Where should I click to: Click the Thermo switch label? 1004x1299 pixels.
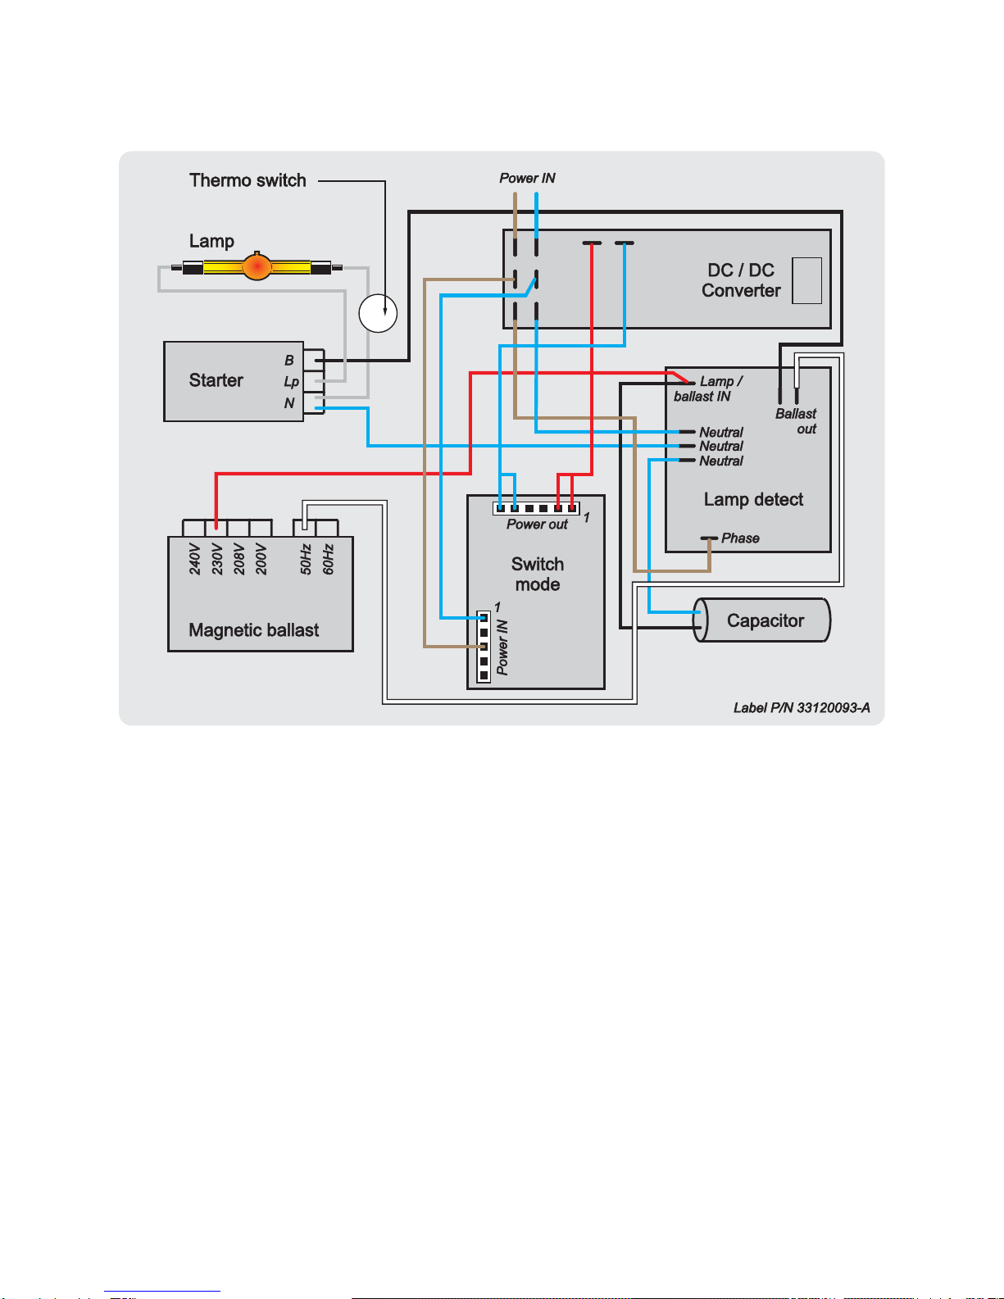(248, 180)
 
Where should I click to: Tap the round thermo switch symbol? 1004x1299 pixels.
(378, 313)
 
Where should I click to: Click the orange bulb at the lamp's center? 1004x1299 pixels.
(257, 267)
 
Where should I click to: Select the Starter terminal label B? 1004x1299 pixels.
(289, 361)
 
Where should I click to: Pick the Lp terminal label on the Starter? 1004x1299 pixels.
(291, 382)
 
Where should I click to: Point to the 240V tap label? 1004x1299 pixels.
(195, 559)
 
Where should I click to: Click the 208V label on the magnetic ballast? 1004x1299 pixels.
(239, 559)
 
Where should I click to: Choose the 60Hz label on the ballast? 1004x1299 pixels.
(328, 559)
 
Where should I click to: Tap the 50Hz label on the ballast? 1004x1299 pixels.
(306, 559)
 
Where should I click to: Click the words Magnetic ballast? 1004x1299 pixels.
(253, 630)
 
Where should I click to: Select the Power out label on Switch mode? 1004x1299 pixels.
(537, 525)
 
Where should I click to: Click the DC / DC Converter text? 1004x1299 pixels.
(741, 280)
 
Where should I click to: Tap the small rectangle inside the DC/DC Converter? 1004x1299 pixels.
(806, 281)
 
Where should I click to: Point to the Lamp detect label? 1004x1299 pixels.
(753, 499)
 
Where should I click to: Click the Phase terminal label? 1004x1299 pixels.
(740, 538)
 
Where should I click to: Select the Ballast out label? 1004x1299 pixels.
(796, 421)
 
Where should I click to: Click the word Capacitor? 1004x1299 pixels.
(765, 620)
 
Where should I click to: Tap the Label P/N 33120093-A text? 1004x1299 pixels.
(802, 708)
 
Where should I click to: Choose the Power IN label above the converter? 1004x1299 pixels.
(527, 178)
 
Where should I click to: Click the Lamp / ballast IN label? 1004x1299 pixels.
(708, 388)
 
